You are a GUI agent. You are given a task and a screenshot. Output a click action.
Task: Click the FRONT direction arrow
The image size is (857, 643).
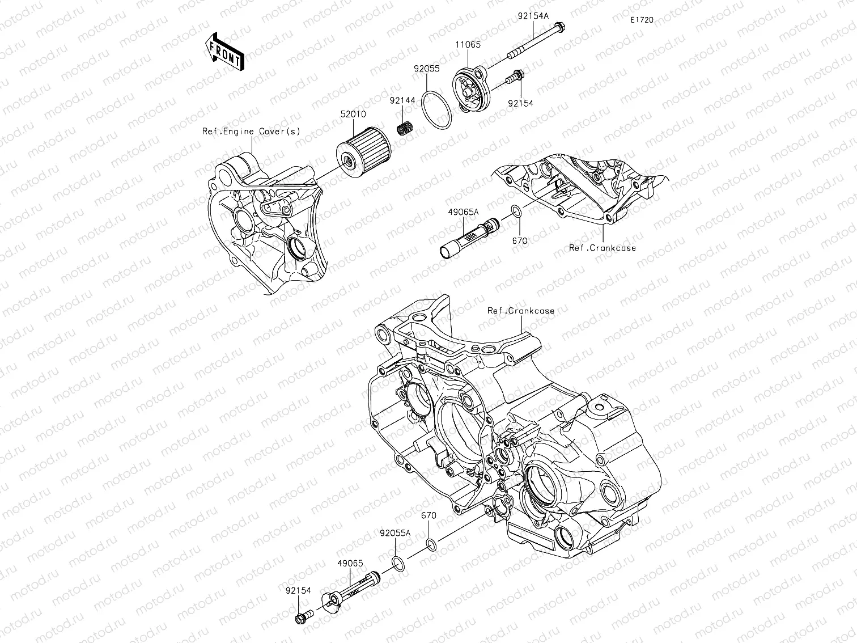(224, 52)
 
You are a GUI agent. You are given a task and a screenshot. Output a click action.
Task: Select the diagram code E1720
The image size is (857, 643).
(642, 20)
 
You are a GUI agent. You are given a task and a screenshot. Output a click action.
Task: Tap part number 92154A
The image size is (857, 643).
(533, 16)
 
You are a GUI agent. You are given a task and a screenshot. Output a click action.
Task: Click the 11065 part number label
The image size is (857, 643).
(468, 45)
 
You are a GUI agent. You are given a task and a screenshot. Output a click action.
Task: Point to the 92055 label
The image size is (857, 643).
(427, 69)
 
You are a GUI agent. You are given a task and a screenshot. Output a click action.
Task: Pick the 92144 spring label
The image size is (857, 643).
(402, 101)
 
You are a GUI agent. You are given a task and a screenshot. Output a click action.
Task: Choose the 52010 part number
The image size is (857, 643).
(353, 115)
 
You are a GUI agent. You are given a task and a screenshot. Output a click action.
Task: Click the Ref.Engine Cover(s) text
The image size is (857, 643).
(251, 132)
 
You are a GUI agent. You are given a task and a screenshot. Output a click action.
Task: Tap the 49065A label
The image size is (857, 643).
(463, 213)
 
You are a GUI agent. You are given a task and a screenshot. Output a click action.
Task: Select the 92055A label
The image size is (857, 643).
(395, 534)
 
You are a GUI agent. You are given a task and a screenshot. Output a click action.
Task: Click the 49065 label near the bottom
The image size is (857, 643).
(350, 564)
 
